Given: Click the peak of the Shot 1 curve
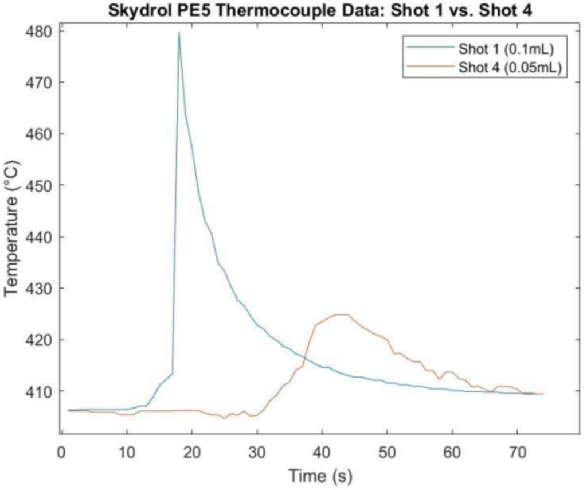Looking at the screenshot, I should pyautogui.click(x=179, y=33).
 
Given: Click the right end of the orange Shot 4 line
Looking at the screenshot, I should pyautogui.click(x=542, y=394).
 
